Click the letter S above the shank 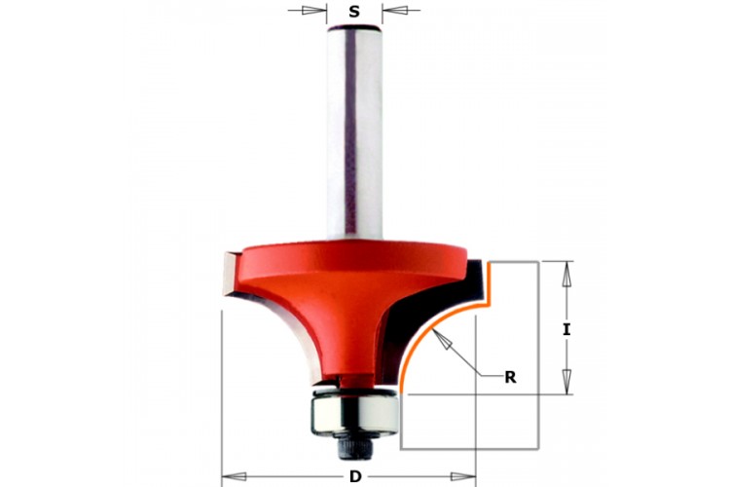coord(354,11)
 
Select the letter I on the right coord(566,330)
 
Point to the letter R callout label coord(510,378)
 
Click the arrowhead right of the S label coord(395,10)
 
